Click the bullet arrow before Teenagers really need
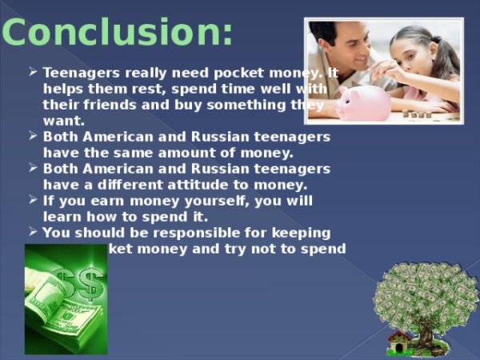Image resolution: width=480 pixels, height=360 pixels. (33, 71)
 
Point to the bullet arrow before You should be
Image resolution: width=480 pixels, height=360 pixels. (33, 232)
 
